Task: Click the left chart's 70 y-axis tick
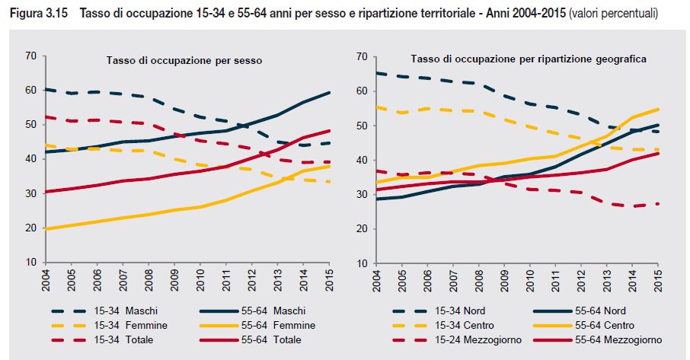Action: [x=30, y=56]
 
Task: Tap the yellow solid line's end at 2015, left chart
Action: [x=328, y=187]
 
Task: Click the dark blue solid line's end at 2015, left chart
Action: [x=328, y=92]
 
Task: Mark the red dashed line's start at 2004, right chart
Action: [x=379, y=171]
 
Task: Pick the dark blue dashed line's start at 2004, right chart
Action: [x=379, y=73]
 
